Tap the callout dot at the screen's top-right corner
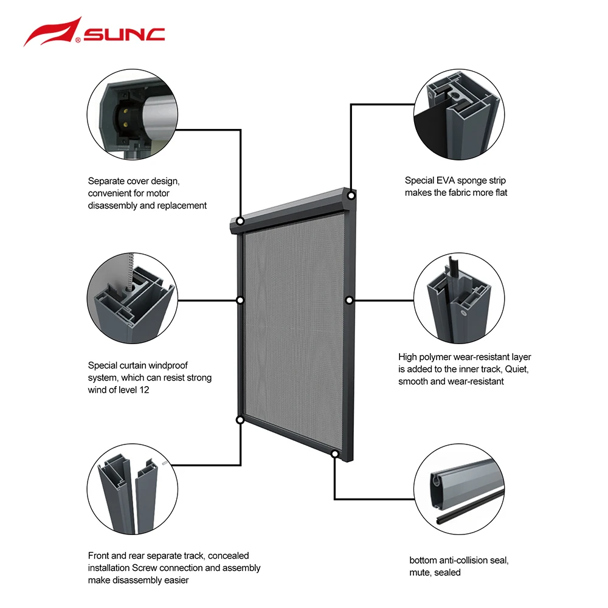(x=351, y=196)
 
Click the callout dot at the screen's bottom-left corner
(x=240, y=420)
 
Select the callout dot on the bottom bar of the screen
(x=334, y=454)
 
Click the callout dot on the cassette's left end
(x=240, y=221)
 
